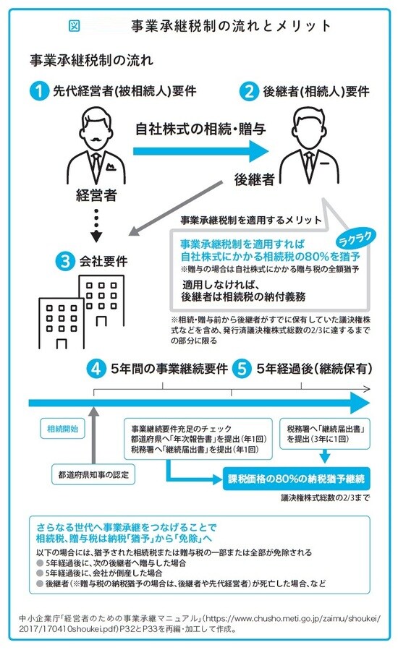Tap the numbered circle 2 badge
(x=249, y=92)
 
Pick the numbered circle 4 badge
(x=98, y=368)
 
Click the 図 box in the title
(x=74, y=25)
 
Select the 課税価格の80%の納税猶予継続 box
(x=297, y=479)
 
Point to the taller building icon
(x=102, y=303)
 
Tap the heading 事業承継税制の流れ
(x=91, y=59)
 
